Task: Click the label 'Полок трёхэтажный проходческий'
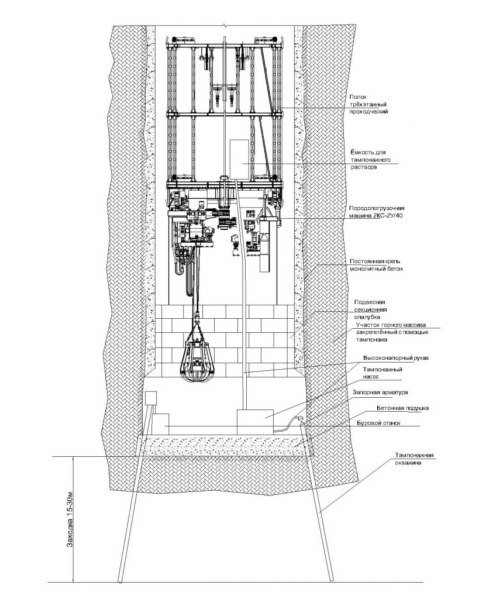[368, 104]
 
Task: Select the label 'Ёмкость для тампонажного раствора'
[370, 160]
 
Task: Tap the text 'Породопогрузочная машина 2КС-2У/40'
[377, 212]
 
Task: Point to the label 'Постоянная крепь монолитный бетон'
[376, 265]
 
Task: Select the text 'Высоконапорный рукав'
[396, 359]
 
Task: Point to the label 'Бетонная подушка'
[402, 408]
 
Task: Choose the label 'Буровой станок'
[378, 424]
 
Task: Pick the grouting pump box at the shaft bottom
[255, 422]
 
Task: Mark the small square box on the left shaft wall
[151, 398]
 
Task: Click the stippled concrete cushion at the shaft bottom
[225, 445]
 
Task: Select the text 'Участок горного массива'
[391, 325]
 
